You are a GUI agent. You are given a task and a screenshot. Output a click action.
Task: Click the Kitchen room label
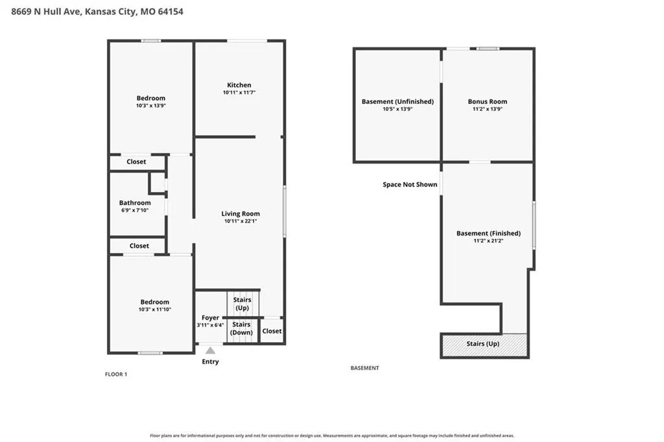(239, 85)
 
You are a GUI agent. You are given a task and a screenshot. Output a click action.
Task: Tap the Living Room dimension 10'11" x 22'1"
(241, 221)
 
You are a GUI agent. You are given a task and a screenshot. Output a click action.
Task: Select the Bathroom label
(135, 203)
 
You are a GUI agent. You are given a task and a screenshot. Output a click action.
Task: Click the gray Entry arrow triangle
(210, 350)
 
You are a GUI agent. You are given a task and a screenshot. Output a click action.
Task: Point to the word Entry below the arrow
(211, 362)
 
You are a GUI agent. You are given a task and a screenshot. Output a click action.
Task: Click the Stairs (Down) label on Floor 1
(241, 328)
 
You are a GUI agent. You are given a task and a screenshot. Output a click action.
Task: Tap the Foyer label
(211, 318)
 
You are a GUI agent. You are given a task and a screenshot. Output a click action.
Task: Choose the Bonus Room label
(488, 102)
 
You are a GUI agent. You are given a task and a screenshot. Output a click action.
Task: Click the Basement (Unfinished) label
(397, 102)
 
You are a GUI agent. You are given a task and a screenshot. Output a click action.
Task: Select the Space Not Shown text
(410, 184)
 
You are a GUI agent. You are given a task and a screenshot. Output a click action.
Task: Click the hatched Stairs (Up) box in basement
(484, 345)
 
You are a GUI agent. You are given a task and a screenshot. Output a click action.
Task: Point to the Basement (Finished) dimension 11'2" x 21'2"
(488, 241)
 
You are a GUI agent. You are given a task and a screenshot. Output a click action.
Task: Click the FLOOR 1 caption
(116, 374)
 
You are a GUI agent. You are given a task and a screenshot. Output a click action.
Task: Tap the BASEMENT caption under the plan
(364, 368)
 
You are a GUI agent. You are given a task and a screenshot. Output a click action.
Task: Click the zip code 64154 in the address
(171, 12)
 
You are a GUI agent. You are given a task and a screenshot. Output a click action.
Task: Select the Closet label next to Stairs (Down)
(272, 331)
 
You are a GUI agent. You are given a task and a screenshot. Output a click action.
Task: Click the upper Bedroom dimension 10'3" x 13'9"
(150, 106)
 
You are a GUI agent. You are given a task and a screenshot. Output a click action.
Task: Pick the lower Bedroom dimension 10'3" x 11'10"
(154, 310)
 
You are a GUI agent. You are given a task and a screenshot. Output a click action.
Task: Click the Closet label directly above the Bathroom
(136, 162)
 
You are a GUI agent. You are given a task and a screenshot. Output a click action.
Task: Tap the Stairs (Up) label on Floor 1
(243, 304)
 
